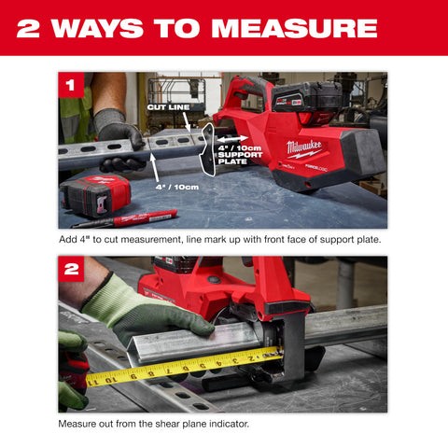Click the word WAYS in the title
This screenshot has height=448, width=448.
pyautogui.click(x=92, y=28)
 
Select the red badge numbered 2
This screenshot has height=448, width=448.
pyautogui.click(x=71, y=271)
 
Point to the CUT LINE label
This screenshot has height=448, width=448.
pyautogui.click(x=168, y=108)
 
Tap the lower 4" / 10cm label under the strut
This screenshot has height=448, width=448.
pyautogui.click(x=177, y=187)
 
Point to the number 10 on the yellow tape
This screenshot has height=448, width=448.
pyautogui.click(x=109, y=378)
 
